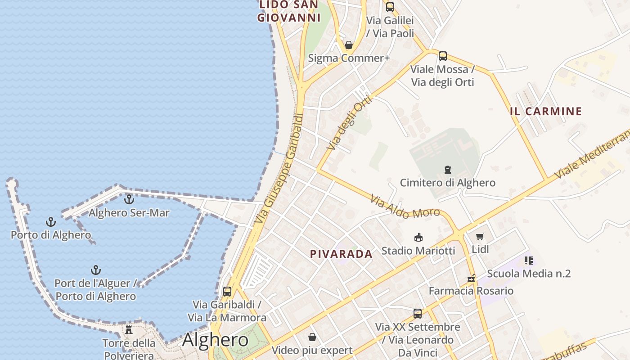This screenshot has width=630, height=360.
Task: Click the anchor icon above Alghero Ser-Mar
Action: tap(129, 198)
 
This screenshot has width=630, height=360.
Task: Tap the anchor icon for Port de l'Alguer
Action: tap(95, 270)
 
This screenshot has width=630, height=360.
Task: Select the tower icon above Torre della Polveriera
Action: tap(129, 330)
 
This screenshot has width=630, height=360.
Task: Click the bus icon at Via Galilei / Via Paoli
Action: tap(390, 7)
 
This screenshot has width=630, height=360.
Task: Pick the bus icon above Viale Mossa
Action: tap(443, 56)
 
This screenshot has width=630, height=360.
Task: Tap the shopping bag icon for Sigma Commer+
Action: tap(348, 45)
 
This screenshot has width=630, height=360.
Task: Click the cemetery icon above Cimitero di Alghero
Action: tap(448, 170)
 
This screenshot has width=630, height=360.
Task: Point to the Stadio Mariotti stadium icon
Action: tap(418, 237)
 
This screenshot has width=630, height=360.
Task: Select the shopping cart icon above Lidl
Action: tap(480, 236)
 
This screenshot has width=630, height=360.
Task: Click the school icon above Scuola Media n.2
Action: tap(529, 261)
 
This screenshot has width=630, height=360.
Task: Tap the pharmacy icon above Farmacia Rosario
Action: tap(471, 278)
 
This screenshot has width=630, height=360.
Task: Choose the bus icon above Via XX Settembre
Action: tap(418, 314)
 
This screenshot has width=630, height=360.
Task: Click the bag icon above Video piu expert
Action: tap(312, 337)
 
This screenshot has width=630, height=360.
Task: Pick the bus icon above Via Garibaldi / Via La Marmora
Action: tap(227, 291)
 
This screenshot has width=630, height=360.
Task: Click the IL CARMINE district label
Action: tap(546, 111)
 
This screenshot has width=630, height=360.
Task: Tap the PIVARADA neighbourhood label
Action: tap(341, 254)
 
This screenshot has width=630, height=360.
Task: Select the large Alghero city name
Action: tap(215, 340)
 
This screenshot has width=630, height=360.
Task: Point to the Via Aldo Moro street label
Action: tap(405, 207)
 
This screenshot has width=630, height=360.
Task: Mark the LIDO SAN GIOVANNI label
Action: tap(288, 11)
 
